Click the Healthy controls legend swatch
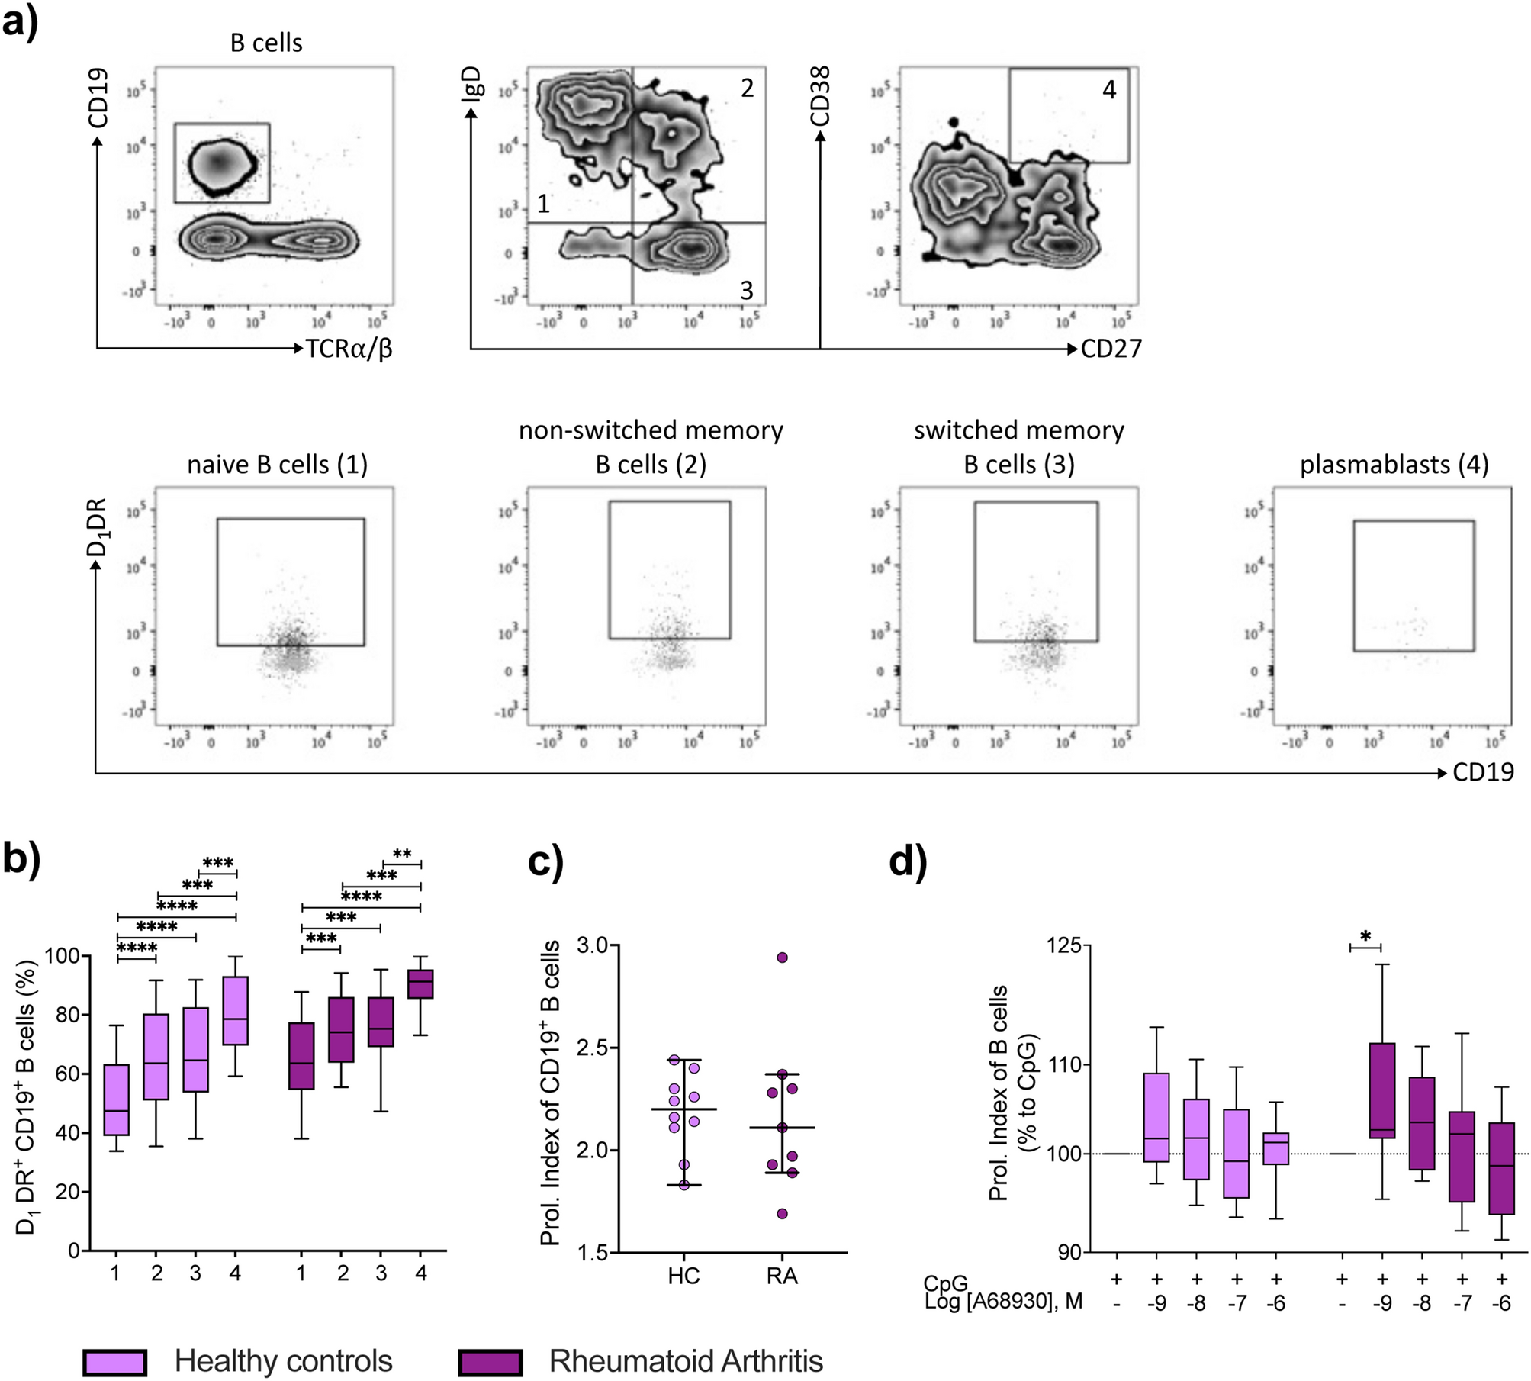tap(114, 1361)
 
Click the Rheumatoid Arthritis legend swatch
tap(490, 1361)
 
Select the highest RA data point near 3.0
tap(782, 958)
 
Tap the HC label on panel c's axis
tap(683, 1276)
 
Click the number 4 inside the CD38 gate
tap(1108, 90)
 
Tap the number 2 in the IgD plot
tap(747, 89)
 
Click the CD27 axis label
tap(1111, 349)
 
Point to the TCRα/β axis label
tap(349, 349)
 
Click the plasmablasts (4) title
tap(1394, 464)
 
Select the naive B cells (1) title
tap(278, 464)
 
